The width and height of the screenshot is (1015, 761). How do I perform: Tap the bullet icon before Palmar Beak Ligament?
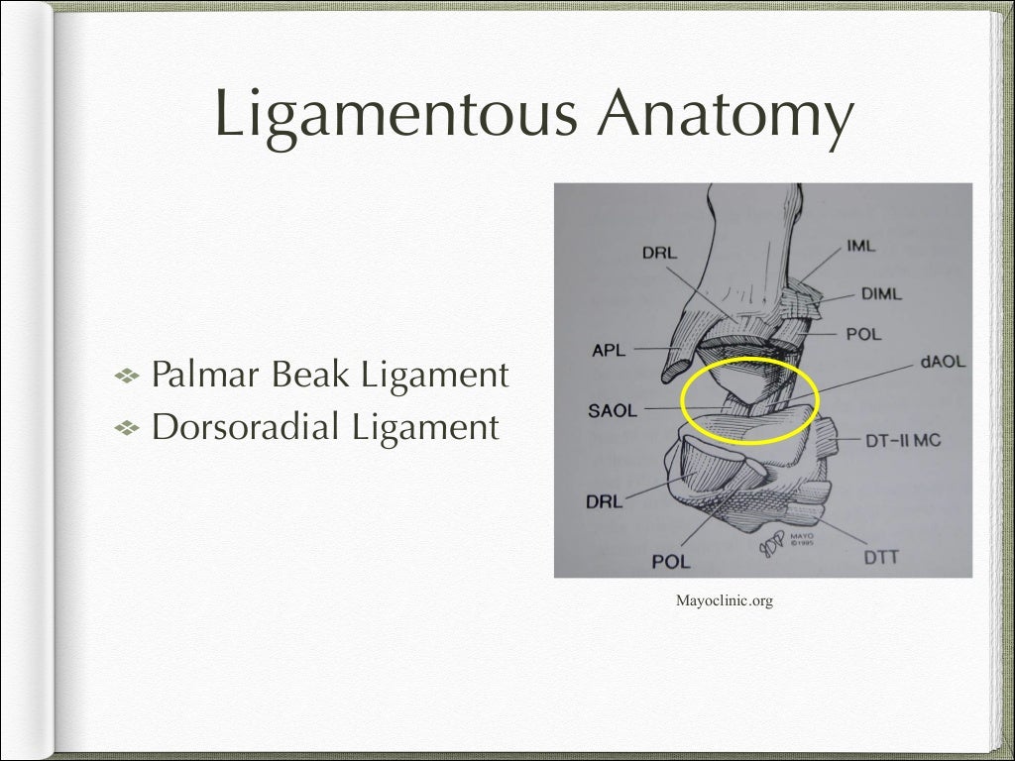click(129, 377)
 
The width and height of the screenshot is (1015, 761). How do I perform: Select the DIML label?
click(876, 294)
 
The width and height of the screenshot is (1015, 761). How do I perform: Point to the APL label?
click(607, 348)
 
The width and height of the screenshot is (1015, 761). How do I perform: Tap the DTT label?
click(880, 557)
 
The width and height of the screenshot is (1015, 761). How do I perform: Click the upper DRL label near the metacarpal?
click(659, 254)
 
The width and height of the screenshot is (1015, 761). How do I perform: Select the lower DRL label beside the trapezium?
click(604, 502)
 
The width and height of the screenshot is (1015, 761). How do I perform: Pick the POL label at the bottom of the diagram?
click(671, 562)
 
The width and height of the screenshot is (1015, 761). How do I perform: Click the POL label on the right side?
click(863, 334)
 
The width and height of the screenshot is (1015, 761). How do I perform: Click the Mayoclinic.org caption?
click(723, 599)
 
